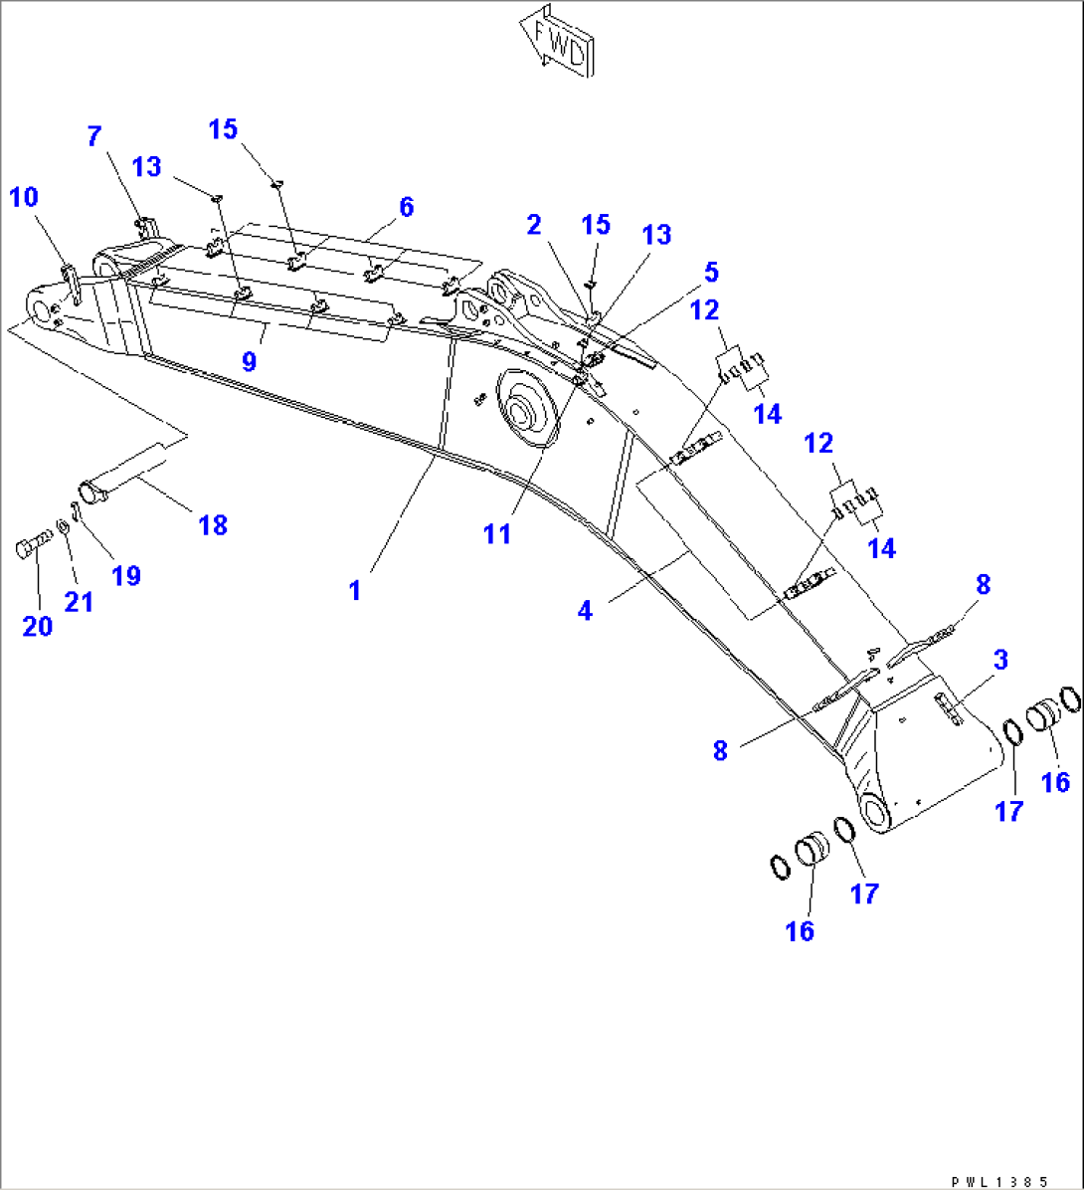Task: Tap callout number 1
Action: tap(354, 590)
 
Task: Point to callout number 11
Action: tap(497, 533)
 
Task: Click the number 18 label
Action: tap(213, 524)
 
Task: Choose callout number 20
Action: tap(38, 627)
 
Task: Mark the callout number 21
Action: tap(79, 601)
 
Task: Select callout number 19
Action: tap(126, 575)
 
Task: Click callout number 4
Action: tap(585, 610)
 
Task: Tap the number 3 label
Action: tap(1000, 659)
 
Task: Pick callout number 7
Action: tap(93, 136)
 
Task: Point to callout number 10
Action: tap(24, 197)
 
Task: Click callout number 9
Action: tap(249, 361)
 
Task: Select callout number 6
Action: tap(405, 207)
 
